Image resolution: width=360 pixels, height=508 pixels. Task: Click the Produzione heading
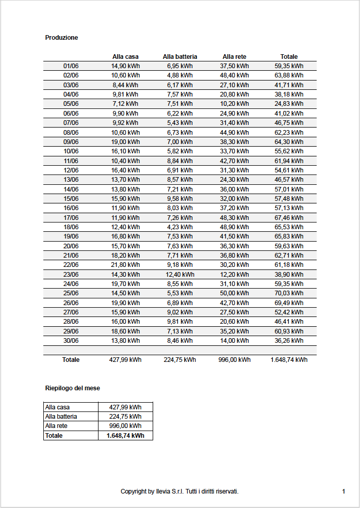[x=61, y=38]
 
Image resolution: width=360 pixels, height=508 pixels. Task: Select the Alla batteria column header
[x=180, y=57]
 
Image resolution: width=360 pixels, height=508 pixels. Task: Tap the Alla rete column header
[x=235, y=57]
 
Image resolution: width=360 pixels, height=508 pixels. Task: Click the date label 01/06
[x=71, y=66]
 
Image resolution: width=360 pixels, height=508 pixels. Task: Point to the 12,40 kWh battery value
[x=180, y=275]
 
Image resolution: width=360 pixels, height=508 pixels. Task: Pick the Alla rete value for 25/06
[x=235, y=293]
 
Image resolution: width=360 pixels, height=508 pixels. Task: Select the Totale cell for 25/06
[x=289, y=293]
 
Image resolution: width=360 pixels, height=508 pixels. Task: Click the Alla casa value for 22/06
[x=125, y=265]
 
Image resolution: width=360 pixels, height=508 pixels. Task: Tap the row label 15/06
[x=71, y=199]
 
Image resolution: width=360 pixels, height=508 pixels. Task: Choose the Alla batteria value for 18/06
[x=180, y=227]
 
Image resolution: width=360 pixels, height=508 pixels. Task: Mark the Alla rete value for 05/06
[x=235, y=104]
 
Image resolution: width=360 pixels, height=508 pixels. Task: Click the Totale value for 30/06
[x=289, y=341]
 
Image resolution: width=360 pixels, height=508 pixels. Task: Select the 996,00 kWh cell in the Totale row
[x=235, y=360]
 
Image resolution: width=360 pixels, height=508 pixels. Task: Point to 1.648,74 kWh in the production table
[x=289, y=360]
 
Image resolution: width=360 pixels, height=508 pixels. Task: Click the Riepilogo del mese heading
[x=72, y=388]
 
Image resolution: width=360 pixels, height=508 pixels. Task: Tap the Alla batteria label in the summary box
[x=61, y=417]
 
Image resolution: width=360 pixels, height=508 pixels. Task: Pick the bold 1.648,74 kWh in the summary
[x=125, y=436]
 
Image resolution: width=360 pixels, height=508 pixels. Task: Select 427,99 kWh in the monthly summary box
[x=125, y=407]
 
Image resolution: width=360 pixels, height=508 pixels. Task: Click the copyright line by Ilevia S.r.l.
[x=179, y=491]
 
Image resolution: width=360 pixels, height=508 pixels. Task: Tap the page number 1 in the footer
[x=343, y=491]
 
